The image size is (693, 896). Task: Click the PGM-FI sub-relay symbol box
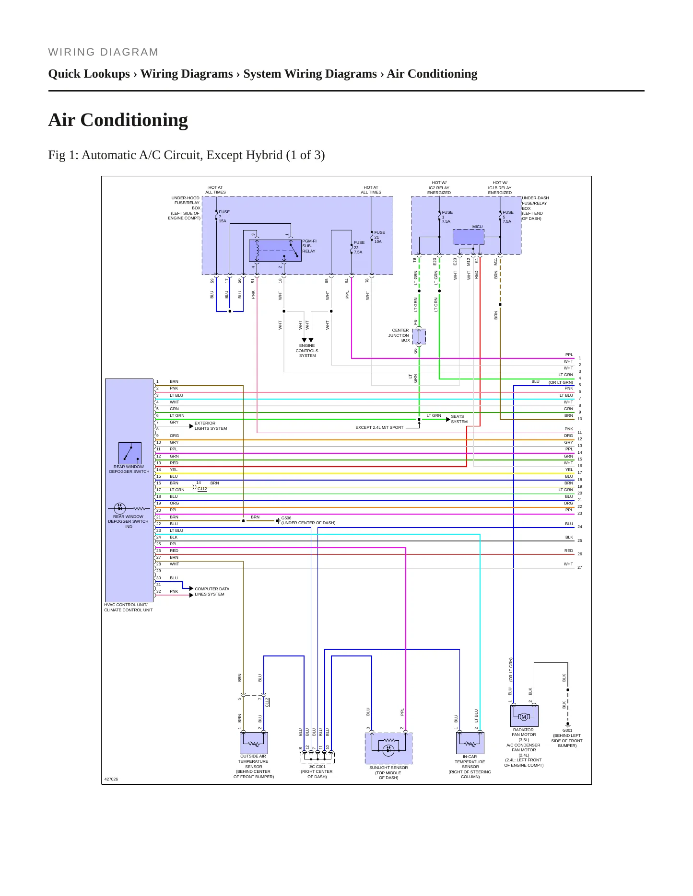click(x=275, y=251)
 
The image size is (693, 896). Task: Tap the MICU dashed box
click(x=469, y=237)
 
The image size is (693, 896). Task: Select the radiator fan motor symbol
click(x=524, y=716)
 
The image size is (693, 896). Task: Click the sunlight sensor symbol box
click(x=388, y=748)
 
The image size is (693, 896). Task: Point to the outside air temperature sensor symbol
click(x=254, y=743)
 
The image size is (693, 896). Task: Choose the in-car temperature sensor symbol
click(x=470, y=743)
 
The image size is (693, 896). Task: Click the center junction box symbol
click(x=419, y=337)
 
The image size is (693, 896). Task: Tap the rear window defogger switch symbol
click(x=130, y=453)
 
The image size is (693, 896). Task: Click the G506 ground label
click(x=286, y=518)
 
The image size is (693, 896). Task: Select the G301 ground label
click(x=567, y=730)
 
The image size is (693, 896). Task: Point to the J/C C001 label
click(x=317, y=767)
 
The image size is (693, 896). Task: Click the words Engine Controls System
click(x=307, y=350)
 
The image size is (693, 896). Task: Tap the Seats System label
click(x=459, y=419)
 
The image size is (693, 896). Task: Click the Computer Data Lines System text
click(x=212, y=591)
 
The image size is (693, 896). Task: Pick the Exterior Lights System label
click(x=211, y=425)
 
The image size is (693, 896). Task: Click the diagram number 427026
click(x=111, y=779)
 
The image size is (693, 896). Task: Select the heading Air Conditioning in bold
click(x=118, y=120)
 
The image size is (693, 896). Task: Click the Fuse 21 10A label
click(x=379, y=237)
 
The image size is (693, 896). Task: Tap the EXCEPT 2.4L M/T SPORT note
click(x=379, y=427)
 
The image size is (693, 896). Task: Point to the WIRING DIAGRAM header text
click(x=103, y=52)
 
